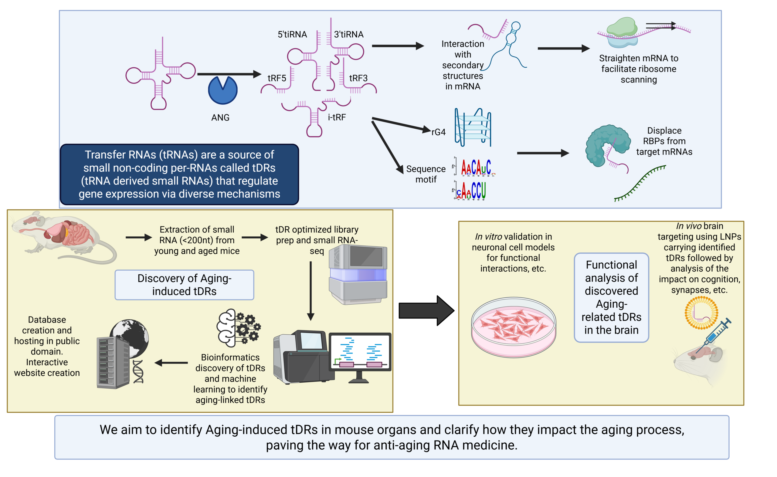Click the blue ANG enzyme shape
[222, 90]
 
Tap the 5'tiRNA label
[292, 34]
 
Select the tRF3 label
[358, 78]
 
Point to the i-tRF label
[337, 117]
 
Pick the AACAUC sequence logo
[476, 167]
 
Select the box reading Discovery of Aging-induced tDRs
[184, 285]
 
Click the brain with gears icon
[238, 328]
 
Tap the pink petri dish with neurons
[513, 326]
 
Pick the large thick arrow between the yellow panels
[426, 311]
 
